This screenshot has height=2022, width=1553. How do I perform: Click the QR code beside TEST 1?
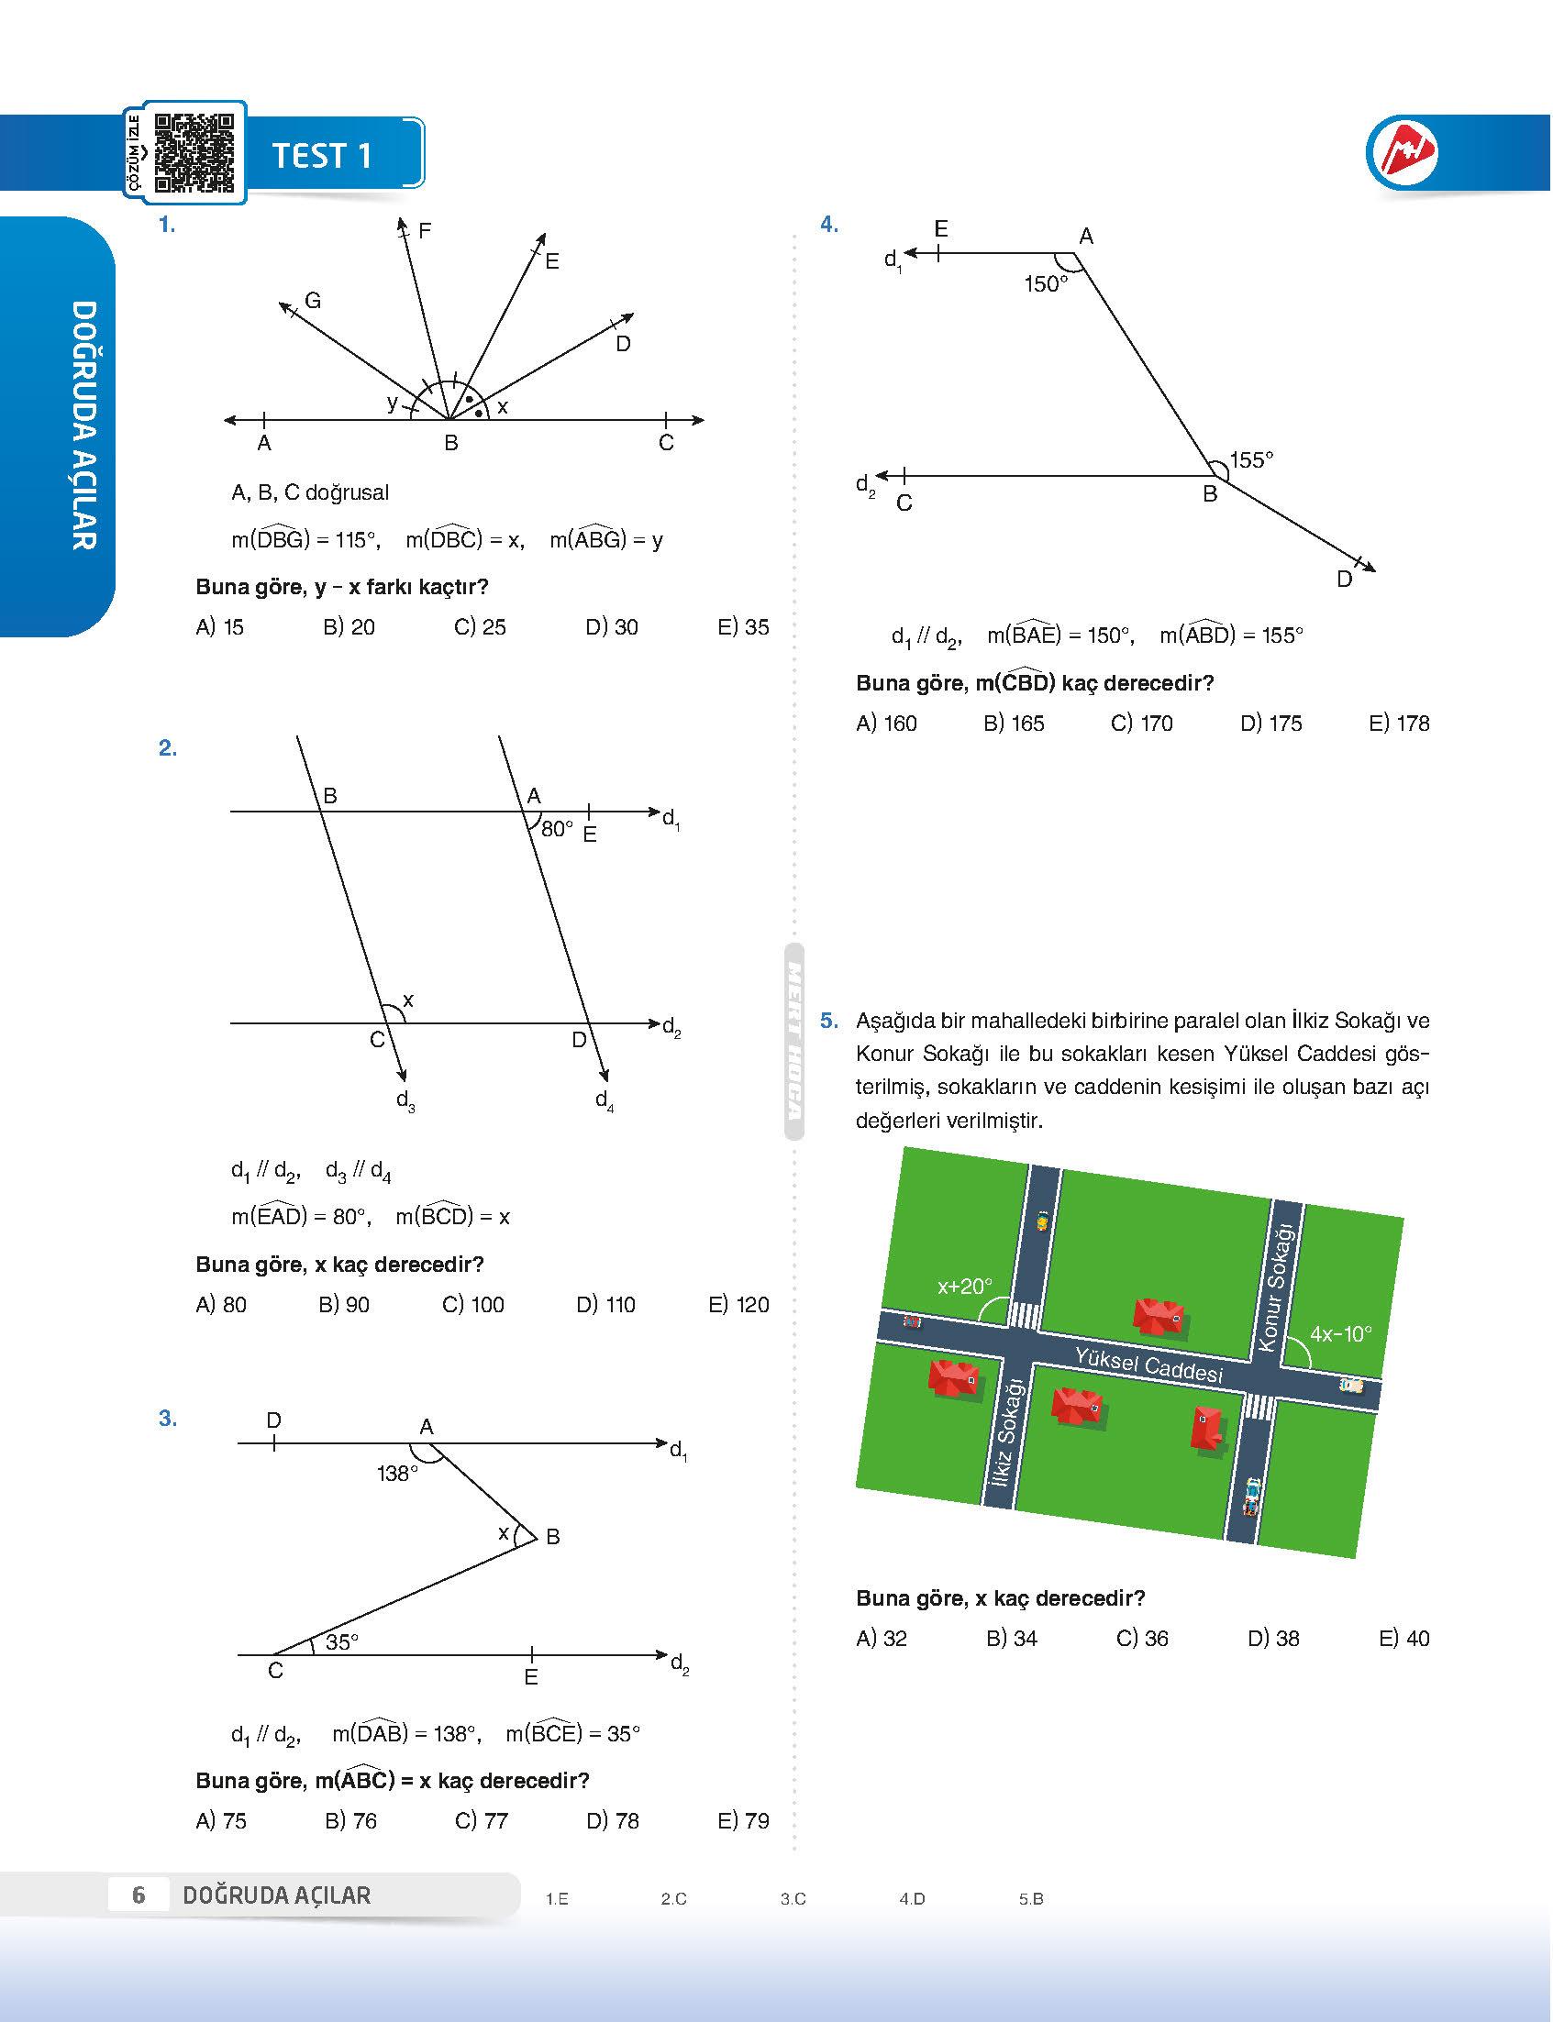pos(194,152)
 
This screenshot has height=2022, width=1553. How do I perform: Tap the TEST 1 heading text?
pos(322,155)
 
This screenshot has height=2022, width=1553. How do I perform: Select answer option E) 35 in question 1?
pos(743,627)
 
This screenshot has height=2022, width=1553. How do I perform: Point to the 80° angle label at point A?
pos(558,829)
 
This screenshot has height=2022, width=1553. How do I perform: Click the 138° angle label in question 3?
pos(397,1473)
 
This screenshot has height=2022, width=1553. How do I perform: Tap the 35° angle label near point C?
pos(342,1641)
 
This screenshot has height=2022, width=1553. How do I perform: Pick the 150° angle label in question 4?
pos(1046,284)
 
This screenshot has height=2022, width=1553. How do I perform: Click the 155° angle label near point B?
pos(1251,459)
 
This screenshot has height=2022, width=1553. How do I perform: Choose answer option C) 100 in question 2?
pos(473,1305)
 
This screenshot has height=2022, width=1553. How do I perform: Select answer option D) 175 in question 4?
pos(1271,724)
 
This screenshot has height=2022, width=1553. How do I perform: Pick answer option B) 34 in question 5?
pos(1012,1639)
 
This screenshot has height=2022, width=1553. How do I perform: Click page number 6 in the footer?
pos(139,1895)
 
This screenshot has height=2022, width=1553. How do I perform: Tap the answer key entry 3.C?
pos(793,1899)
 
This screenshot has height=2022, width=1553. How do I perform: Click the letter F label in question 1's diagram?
pos(425,231)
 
